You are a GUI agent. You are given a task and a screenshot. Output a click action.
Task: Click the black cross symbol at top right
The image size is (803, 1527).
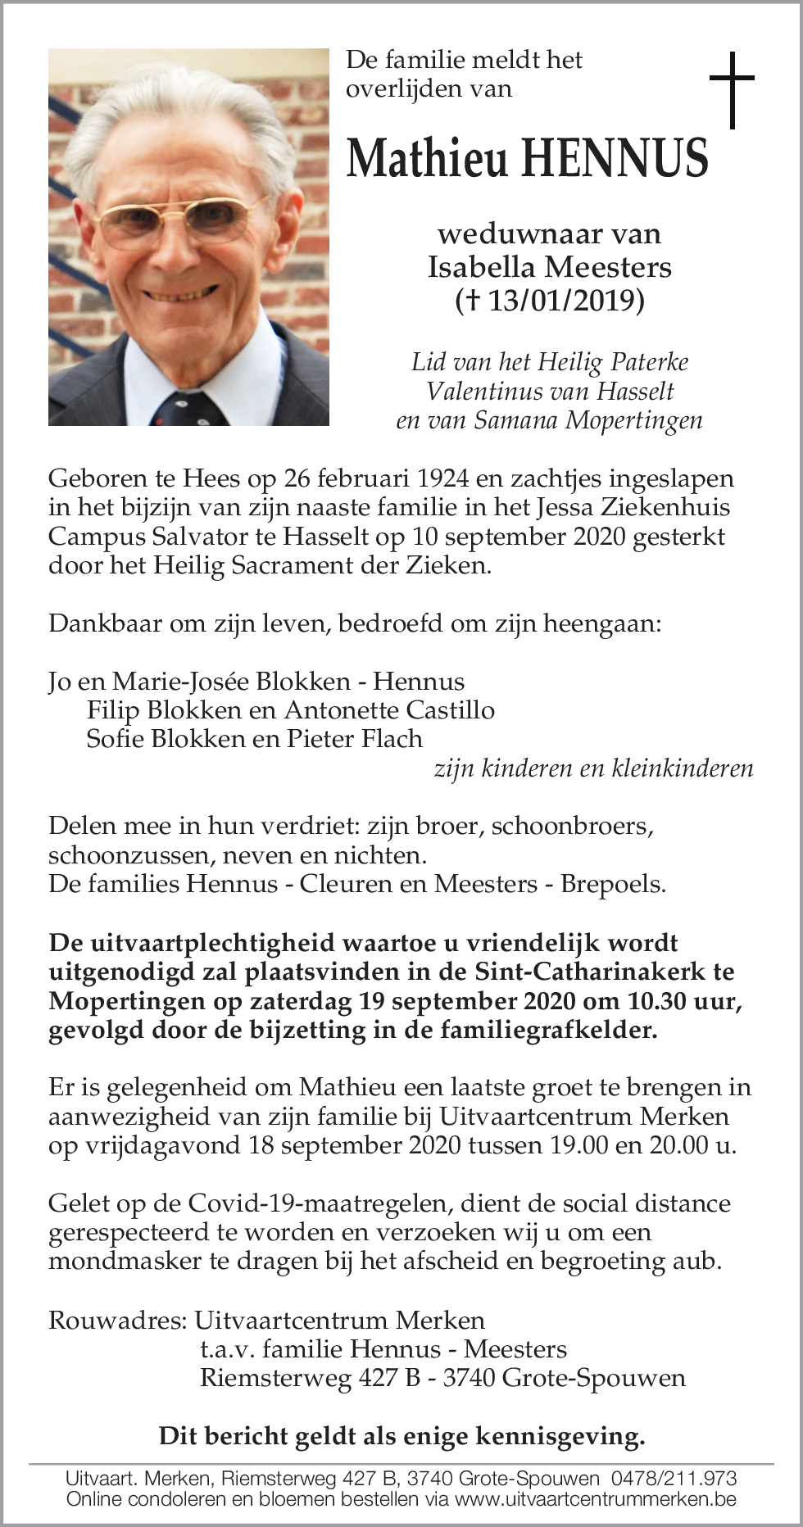[x=731, y=89]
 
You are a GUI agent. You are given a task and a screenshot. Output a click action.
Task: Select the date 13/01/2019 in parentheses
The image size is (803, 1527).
[x=566, y=301]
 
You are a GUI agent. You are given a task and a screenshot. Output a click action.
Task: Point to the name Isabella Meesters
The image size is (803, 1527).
[x=549, y=267]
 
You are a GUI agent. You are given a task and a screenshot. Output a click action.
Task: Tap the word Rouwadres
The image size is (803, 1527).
[x=117, y=1320]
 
